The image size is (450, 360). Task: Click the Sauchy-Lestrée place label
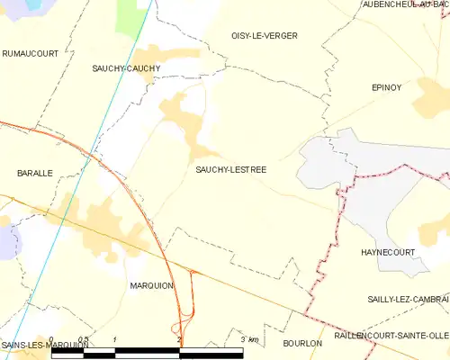tap(231, 168)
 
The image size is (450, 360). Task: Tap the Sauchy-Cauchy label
tap(127, 68)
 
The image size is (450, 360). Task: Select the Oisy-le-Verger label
tap(265, 36)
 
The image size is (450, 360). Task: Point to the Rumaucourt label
tap(30, 54)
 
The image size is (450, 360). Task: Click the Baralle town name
tap(35, 172)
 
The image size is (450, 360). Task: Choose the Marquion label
tap(151, 285)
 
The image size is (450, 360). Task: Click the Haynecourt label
tap(387, 252)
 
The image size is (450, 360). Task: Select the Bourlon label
tap(301, 343)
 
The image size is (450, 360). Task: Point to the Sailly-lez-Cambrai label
tap(408, 299)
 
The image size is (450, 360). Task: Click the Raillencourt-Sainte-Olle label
tap(391, 335)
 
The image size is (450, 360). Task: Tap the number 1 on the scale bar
tap(116, 339)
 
